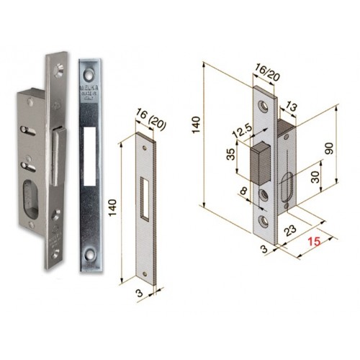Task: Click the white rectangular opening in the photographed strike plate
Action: (x=90, y=156)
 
